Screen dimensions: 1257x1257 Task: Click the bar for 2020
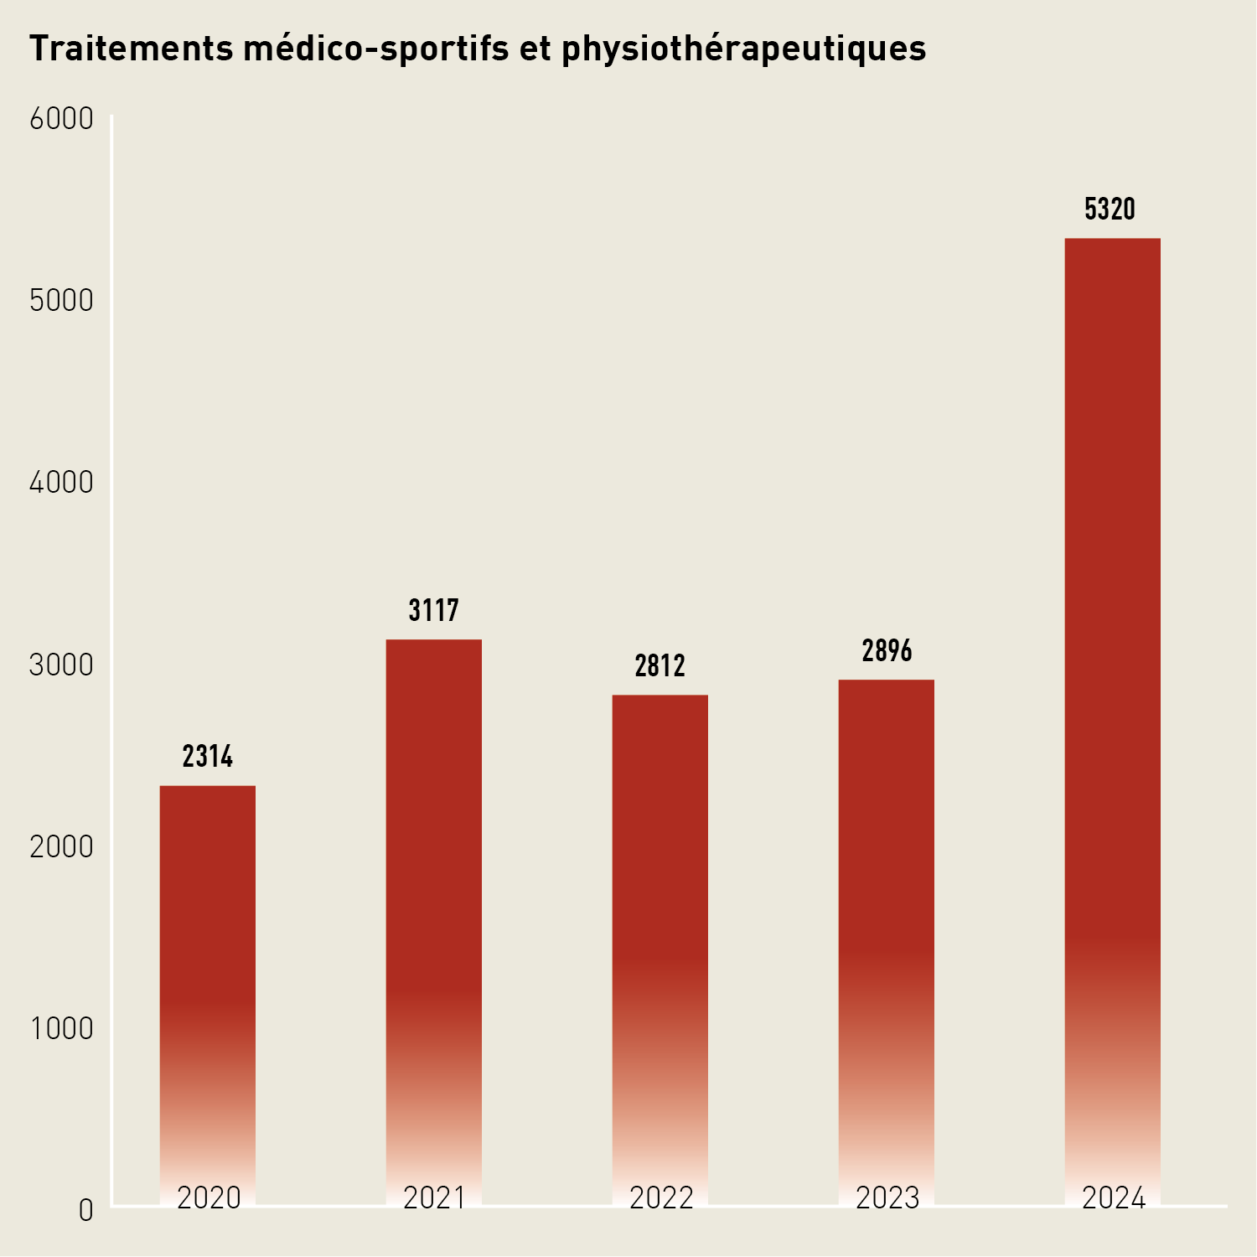(x=208, y=964)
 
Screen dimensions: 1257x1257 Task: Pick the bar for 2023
(x=887, y=922)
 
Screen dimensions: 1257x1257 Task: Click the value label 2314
(x=208, y=757)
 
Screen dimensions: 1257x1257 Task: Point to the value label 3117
(x=434, y=611)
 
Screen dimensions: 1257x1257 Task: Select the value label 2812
(x=660, y=666)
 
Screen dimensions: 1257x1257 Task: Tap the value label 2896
(x=887, y=651)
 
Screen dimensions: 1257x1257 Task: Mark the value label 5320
(x=1110, y=209)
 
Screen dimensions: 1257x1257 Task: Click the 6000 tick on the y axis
(x=61, y=119)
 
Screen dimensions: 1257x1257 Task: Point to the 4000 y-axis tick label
(x=61, y=483)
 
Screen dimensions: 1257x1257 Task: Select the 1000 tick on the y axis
(x=61, y=1029)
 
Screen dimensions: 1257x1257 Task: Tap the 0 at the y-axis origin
(x=85, y=1211)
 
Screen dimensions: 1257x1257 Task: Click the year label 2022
(x=661, y=1198)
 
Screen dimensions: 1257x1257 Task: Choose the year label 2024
(x=1114, y=1198)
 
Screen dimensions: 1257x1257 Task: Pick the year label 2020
(x=209, y=1198)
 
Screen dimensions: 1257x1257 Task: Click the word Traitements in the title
(x=132, y=49)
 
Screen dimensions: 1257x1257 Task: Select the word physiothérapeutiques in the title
(x=744, y=49)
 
